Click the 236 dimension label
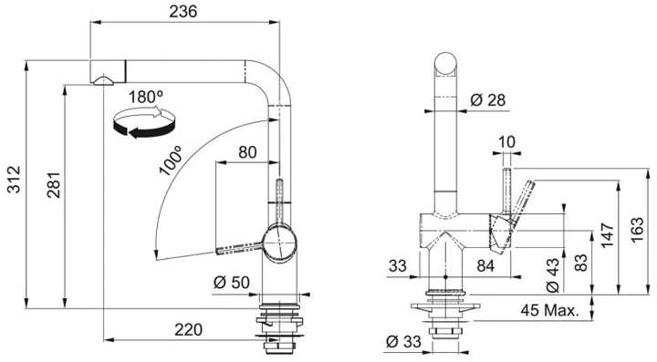[182, 11]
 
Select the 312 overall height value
[15, 180]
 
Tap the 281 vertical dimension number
[54, 184]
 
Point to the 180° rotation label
[145, 97]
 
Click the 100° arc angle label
[171, 160]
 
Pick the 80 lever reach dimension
[247, 152]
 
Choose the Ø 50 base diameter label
[231, 283]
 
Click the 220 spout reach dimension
[188, 330]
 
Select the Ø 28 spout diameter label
[487, 100]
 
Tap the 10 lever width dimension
[507, 142]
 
